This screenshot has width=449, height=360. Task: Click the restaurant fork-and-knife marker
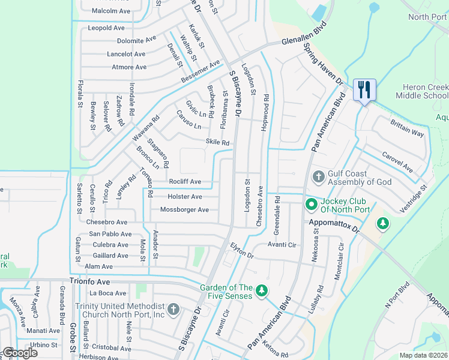[x=364, y=90]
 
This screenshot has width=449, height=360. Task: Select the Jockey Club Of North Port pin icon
[x=311, y=205]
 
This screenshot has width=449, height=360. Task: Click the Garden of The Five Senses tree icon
[x=261, y=291]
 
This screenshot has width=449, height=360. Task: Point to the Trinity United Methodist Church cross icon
[x=173, y=309]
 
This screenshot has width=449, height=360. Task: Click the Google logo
[x=20, y=353]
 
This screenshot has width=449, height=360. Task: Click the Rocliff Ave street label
[x=185, y=182]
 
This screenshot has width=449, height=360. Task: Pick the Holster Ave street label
[x=185, y=197]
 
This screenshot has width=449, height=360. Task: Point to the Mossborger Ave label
[x=184, y=210]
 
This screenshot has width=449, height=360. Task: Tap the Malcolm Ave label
[x=111, y=11]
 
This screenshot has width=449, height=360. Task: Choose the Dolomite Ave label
[x=136, y=41]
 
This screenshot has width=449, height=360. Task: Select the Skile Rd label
[x=218, y=143]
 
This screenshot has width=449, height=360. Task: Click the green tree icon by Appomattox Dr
[x=382, y=223]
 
